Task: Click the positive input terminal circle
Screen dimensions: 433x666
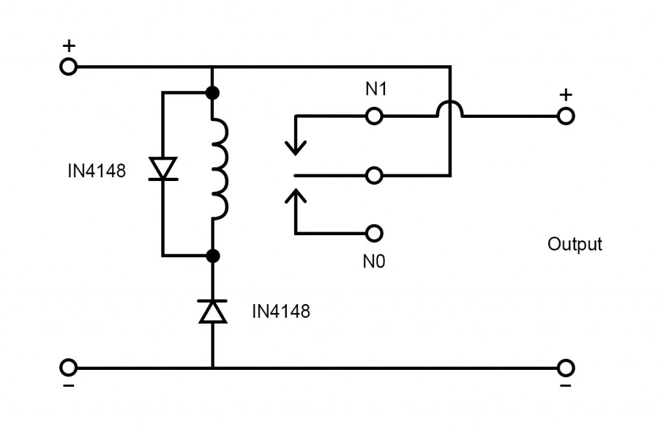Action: click(x=68, y=66)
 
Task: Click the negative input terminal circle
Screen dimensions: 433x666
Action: click(x=68, y=368)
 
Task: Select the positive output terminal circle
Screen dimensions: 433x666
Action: click(x=566, y=116)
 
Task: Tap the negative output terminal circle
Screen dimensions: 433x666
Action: click(x=566, y=368)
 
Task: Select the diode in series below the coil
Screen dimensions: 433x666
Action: click(x=213, y=311)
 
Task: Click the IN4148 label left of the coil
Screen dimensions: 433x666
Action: click(x=96, y=172)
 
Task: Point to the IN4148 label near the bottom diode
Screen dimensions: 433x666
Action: click(x=281, y=312)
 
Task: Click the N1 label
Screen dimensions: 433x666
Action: click(x=376, y=89)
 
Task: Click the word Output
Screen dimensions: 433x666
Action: click(x=574, y=244)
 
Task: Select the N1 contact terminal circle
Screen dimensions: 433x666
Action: click(x=373, y=116)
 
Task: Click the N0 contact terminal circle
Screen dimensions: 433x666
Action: click(x=373, y=232)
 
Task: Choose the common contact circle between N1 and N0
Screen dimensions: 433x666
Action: click(x=373, y=175)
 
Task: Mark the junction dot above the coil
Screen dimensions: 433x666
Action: click(x=213, y=92)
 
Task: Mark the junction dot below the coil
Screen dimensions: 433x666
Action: click(x=213, y=255)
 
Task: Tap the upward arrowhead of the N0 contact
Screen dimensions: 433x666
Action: click(x=296, y=195)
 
